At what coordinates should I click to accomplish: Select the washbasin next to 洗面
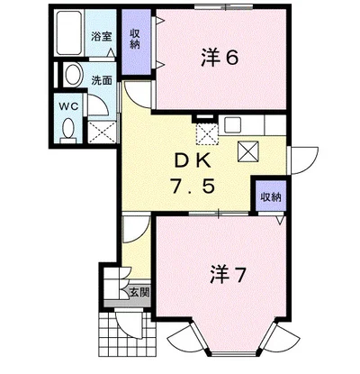click(x=73, y=78)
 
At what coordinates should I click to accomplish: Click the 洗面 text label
click(x=101, y=79)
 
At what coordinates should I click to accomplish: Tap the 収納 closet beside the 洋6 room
click(x=135, y=41)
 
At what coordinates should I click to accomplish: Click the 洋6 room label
click(x=218, y=57)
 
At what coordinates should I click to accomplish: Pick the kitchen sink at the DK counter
click(x=237, y=124)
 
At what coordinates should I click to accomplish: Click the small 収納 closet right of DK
click(x=270, y=196)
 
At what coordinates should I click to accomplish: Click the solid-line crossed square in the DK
click(x=249, y=151)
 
